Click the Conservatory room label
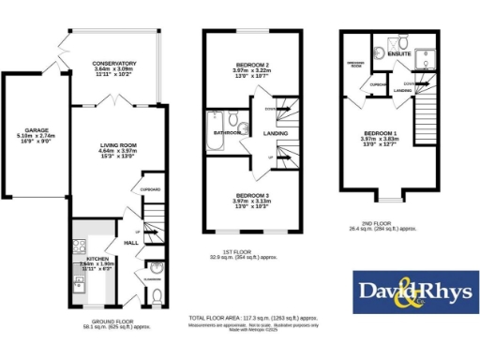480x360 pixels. [115, 64]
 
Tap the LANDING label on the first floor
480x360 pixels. [276, 133]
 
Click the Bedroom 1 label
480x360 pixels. [382, 134]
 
